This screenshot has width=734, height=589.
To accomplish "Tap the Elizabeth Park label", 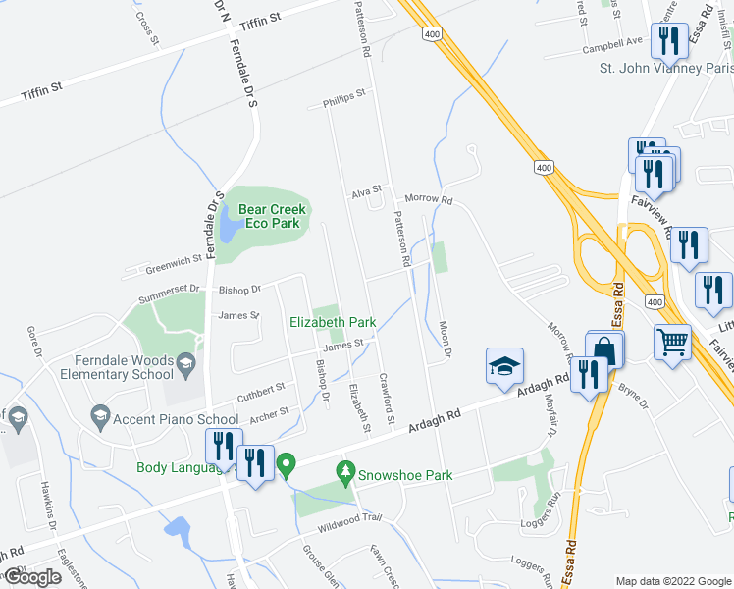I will pos(333,322).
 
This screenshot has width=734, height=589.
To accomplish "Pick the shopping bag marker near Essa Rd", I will pos(605,350).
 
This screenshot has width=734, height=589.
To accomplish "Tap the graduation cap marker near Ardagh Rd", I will pos(504,367).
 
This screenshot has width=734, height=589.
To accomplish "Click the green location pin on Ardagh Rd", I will pos(287,463).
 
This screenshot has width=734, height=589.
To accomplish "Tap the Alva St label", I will pos(366,195).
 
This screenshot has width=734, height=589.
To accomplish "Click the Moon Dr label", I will pos(446,339).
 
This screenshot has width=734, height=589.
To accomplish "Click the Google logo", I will pos(32,577).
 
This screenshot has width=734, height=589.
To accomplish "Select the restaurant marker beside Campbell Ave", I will pos(669,41).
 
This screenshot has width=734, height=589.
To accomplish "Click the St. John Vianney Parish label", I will pos(666,69).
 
